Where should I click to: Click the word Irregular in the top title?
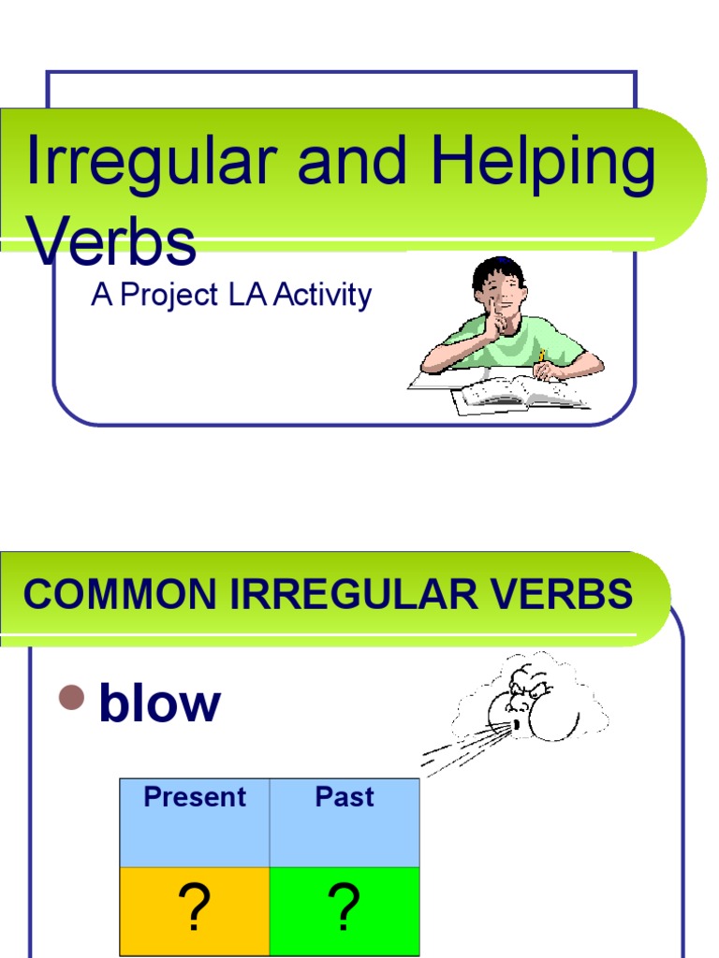pyautogui.click(x=150, y=162)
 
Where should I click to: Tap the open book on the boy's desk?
pyautogui.click(x=521, y=393)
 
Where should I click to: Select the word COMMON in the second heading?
pyautogui.click(x=104, y=595)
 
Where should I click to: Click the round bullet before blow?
pyautogui.click(x=71, y=697)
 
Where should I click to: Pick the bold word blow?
pyautogui.click(x=159, y=704)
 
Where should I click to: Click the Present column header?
pyautogui.click(x=195, y=797)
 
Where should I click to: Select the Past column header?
pyautogui.click(x=345, y=797)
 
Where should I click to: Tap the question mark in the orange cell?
pyautogui.click(x=195, y=908)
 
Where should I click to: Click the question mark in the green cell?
pyautogui.click(x=345, y=908)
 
